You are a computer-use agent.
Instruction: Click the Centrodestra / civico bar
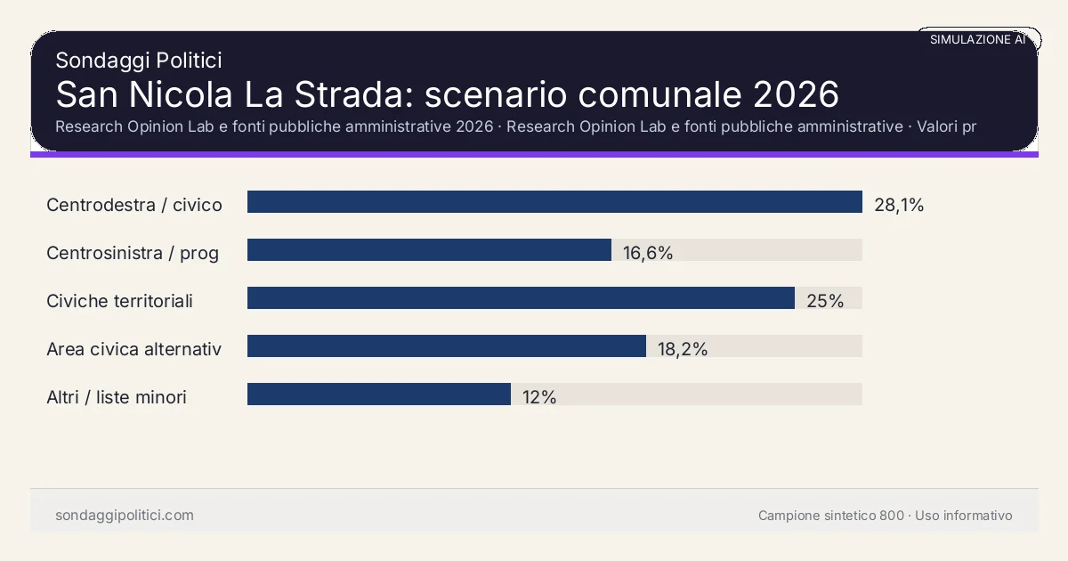(554, 202)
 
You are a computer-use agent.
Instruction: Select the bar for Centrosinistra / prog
(429, 250)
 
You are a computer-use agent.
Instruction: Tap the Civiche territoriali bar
(521, 298)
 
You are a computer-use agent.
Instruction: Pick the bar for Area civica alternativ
(447, 346)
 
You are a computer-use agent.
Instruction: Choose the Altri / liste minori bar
(379, 394)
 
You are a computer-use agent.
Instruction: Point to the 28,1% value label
(899, 205)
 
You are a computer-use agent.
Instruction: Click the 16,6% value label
(648, 253)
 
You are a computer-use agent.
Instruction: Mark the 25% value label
(825, 301)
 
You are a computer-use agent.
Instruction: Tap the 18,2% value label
(683, 349)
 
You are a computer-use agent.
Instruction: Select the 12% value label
(539, 397)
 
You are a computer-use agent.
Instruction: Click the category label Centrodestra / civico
(134, 205)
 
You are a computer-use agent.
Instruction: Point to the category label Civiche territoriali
(119, 301)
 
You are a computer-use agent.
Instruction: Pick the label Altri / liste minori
(117, 397)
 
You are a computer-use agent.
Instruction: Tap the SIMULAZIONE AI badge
(977, 39)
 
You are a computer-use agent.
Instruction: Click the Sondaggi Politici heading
(139, 61)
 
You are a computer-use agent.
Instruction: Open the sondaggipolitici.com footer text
(125, 516)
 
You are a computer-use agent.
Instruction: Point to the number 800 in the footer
(891, 516)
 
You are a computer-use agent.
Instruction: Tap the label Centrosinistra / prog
(133, 253)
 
